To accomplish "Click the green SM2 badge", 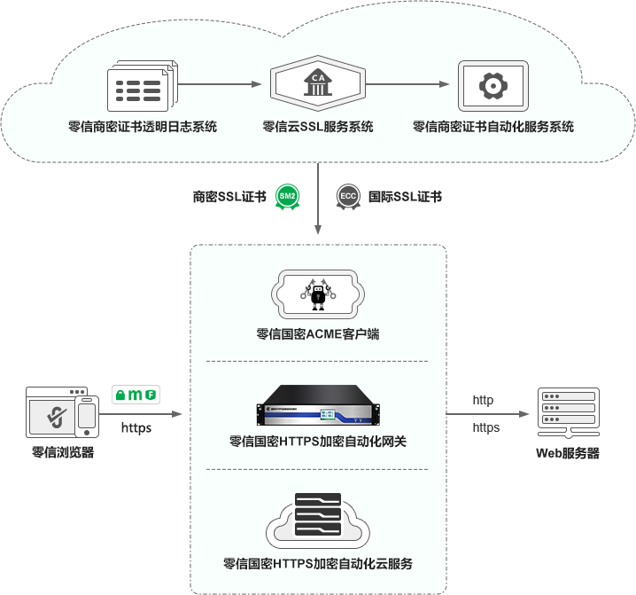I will pos(288,196).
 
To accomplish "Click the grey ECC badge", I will pos(347,197).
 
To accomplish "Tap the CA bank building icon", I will pos(316,84).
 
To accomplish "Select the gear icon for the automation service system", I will pos(492,86).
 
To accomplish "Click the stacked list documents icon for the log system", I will pos(142,88).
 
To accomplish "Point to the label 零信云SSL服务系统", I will pos(317,127).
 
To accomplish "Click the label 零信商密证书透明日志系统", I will pos(142,127).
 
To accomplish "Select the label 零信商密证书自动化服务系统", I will pos(493,127).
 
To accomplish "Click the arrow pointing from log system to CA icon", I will pos(221,85).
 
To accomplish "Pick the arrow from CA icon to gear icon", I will pos(407,85).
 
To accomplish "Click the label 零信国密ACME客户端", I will pos(317,335).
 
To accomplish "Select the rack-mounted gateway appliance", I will pos(317,407).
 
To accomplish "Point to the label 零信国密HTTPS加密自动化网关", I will pos(317,441).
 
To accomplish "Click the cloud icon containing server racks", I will pos(317,523).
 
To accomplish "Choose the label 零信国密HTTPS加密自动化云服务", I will pos(317,564).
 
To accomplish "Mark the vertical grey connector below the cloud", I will pos(317,200).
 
